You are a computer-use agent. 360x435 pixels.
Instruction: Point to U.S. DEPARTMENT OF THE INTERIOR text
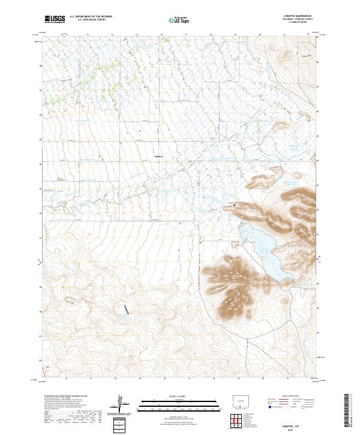(90, 17)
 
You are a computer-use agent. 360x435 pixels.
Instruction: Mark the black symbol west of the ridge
(233, 205)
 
